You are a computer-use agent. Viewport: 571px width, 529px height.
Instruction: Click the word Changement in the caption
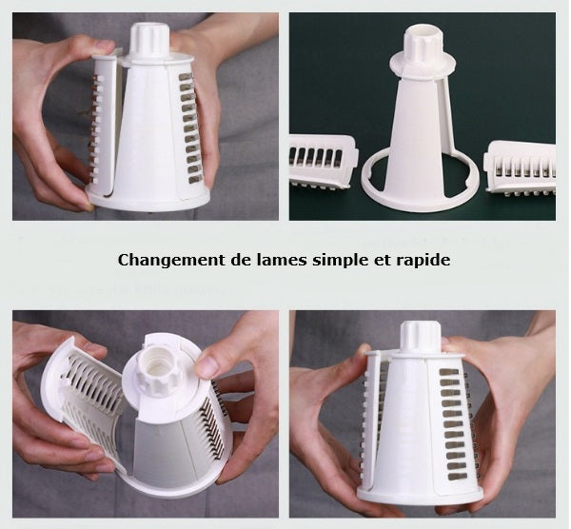click(164, 260)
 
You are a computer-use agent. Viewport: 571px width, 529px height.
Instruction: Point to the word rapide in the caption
click(420, 260)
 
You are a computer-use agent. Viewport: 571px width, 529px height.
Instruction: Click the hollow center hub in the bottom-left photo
click(158, 367)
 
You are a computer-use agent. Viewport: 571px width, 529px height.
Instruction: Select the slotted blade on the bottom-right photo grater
click(455, 419)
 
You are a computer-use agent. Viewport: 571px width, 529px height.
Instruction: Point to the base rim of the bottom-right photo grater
click(419, 495)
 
